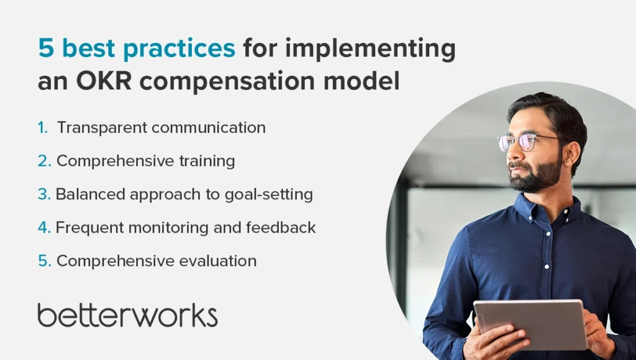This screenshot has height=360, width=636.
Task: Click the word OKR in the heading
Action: [104, 80]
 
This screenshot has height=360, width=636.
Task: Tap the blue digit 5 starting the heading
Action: [46, 48]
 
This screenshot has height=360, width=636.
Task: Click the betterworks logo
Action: [127, 315]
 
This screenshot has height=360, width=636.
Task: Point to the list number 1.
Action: [43, 128]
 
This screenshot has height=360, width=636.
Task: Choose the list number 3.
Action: [44, 194]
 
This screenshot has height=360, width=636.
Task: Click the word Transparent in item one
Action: [101, 128]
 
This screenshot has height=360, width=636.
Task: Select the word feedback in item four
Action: [281, 227]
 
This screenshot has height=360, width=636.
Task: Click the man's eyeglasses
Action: [527, 142]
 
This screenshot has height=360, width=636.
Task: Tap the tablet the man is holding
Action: [530, 325]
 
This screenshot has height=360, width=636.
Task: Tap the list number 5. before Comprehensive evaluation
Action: [45, 261]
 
